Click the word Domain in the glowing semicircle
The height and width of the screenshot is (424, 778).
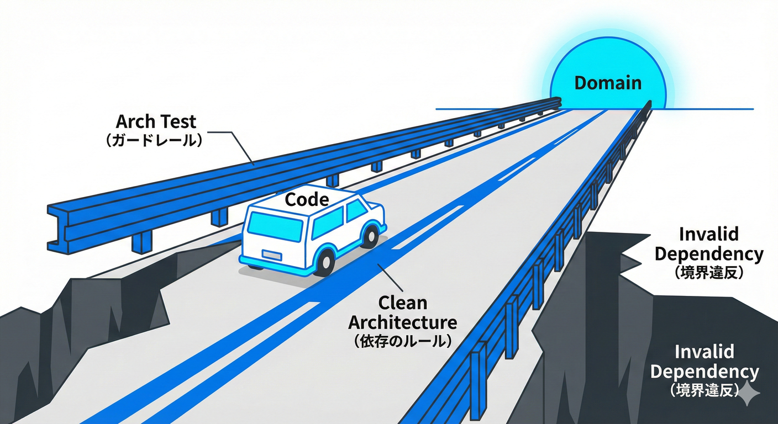[608, 83]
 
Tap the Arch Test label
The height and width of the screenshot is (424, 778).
[156, 121]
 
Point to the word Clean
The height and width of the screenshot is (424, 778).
[402, 303]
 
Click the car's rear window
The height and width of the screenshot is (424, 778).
[275, 226]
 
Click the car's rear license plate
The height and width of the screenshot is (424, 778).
[270, 254]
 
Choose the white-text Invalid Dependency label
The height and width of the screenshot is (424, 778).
[705, 362]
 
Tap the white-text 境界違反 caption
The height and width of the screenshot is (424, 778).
[705, 390]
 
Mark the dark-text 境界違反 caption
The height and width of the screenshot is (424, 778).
[709, 272]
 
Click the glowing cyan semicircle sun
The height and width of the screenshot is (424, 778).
[608, 61]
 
